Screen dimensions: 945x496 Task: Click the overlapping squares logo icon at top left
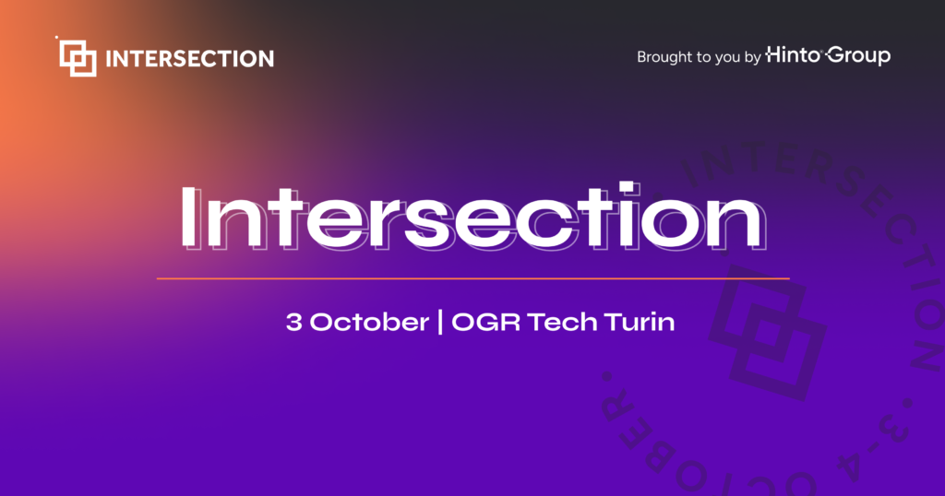[x=78, y=58]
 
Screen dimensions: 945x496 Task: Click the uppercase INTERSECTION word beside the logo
[x=190, y=58]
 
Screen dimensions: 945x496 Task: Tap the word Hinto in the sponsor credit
[x=793, y=54]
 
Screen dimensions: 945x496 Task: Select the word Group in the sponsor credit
[x=859, y=56]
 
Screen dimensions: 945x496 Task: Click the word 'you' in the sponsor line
[x=727, y=59]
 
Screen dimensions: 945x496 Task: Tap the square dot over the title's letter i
[x=627, y=188]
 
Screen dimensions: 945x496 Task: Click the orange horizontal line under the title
[x=473, y=278]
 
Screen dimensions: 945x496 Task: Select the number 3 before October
[x=294, y=322]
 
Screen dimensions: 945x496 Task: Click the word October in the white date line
[x=369, y=322]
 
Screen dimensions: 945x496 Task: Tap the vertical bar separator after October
[x=440, y=322]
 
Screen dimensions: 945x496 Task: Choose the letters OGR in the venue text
[x=485, y=322]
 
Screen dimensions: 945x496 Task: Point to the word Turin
[x=640, y=322]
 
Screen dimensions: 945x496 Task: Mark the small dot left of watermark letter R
[x=606, y=377]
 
